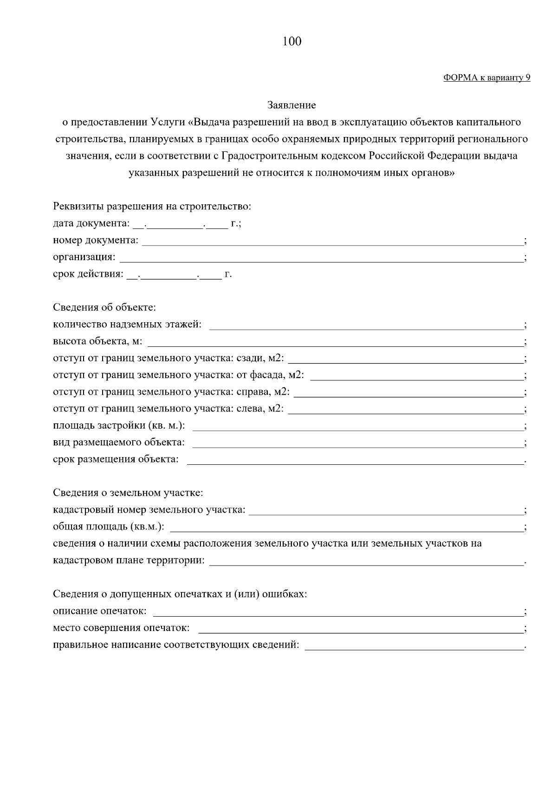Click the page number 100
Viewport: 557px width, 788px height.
pos(291,42)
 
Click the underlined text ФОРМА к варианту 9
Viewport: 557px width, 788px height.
pos(486,78)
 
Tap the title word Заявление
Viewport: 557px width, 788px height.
pos(291,105)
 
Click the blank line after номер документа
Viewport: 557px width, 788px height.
pos(332,241)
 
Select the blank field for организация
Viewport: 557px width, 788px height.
pos(320,258)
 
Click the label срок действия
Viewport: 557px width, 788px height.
pos(88,274)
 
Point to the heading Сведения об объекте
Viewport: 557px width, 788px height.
pos(104,307)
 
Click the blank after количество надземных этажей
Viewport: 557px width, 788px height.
pos(366,325)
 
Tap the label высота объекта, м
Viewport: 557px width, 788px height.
pos(97,341)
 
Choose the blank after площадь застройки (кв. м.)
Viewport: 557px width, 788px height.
pos(357,426)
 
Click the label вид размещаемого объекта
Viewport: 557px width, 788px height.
pos(119,443)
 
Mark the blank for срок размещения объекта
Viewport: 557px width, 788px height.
pos(355,460)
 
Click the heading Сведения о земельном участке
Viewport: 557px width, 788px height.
pos(128,493)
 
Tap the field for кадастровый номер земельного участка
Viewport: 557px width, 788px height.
pos(386,510)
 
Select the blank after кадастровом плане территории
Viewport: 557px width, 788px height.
pos(366,561)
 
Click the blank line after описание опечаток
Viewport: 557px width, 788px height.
pos(337,611)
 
